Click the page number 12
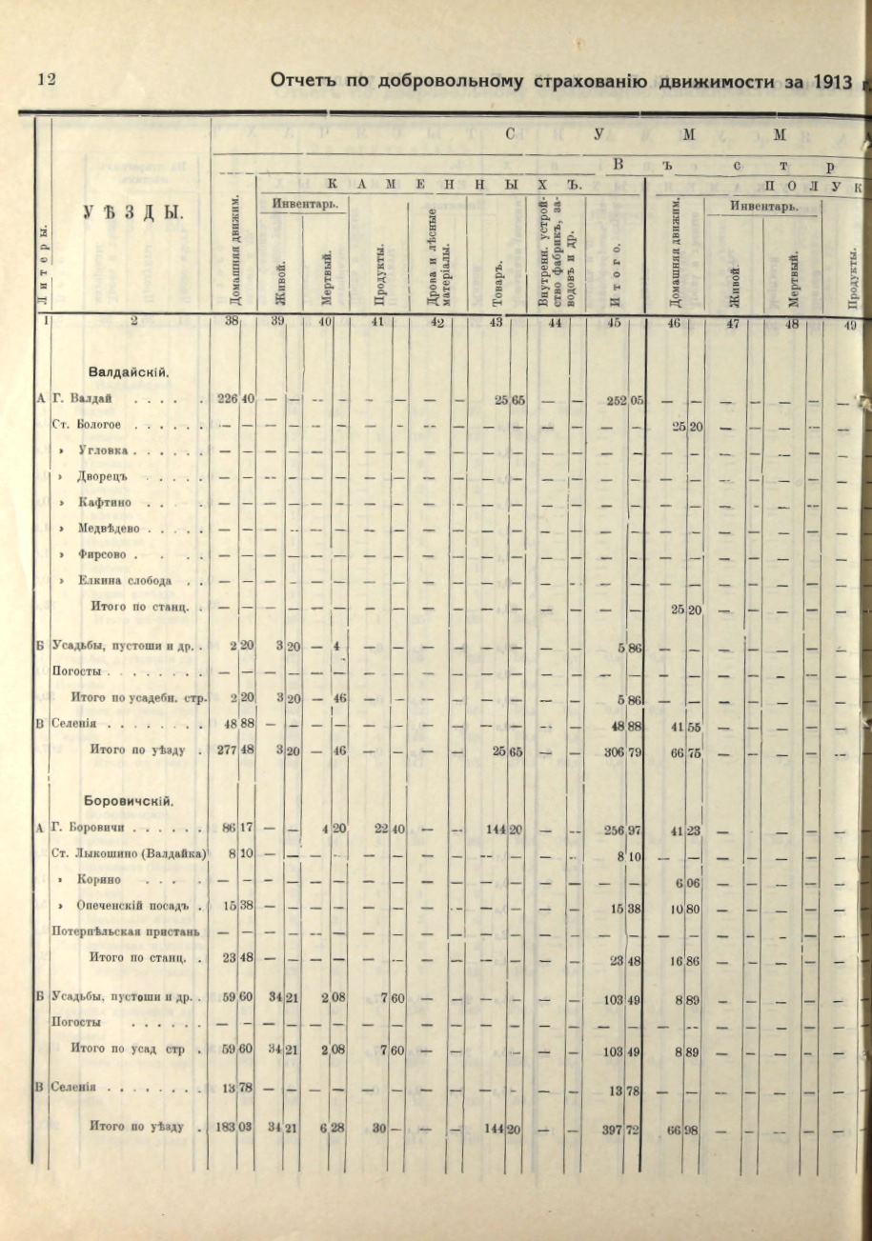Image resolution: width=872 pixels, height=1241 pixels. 46,80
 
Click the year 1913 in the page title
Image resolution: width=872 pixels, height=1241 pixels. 832,81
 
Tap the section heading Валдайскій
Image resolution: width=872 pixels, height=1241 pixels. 129,371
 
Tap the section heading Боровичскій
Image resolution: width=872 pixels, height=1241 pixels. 132,800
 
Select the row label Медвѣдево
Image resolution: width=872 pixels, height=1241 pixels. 112,528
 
